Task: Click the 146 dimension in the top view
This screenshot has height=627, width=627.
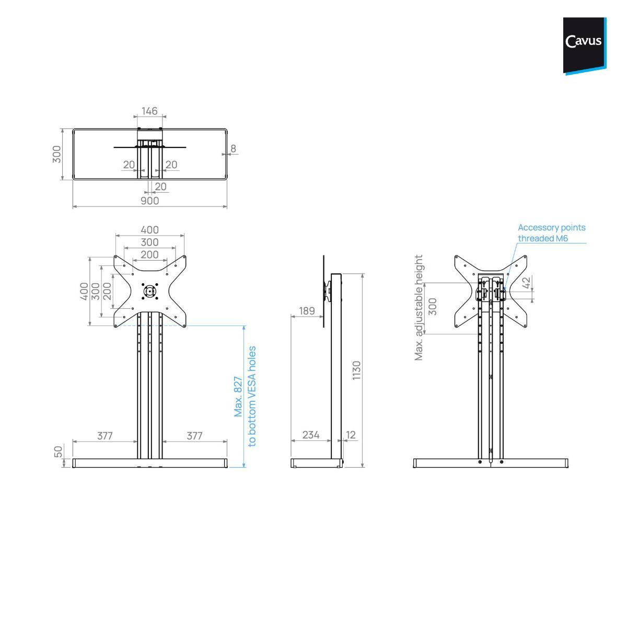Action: tap(149, 111)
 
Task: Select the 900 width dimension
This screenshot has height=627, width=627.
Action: tap(149, 201)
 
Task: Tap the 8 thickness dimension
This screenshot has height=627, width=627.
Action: tap(233, 148)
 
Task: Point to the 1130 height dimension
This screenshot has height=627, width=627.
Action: tap(357, 370)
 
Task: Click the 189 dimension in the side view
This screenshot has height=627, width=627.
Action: tap(307, 311)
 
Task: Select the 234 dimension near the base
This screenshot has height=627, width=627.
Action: tap(310, 435)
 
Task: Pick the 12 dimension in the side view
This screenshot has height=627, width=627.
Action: tap(351, 435)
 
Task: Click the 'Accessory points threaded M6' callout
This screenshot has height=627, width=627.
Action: tap(551, 233)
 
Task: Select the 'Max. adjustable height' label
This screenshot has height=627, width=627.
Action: tap(419, 308)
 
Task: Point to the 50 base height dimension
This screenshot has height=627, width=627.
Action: tap(59, 451)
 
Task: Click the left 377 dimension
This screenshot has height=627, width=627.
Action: tap(105, 436)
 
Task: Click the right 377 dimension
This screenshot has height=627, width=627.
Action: tap(194, 436)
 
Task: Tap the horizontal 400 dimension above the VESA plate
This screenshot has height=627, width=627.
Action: tap(149, 230)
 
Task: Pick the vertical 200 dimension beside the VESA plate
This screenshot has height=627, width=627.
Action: tap(107, 291)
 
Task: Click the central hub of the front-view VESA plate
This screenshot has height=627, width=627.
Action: tap(150, 292)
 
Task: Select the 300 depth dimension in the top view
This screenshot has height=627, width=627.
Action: tap(56, 154)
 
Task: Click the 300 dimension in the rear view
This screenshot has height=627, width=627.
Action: tap(432, 307)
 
